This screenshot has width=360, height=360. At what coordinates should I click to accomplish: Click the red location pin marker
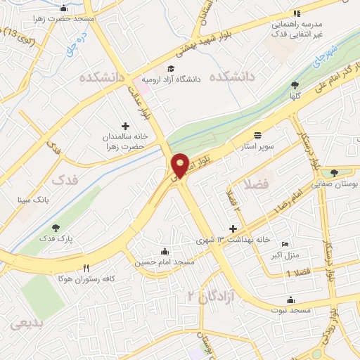pyautogui.click(x=180, y=165)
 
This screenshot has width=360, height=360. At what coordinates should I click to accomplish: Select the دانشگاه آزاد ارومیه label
pyautogui.click(x=172, y=79)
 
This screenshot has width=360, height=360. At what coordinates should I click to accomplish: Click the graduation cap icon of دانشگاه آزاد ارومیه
pyautogui.click(x=146, y=68)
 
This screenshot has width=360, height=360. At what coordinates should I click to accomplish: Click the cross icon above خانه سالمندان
pyautogui.click(x=126, y=124)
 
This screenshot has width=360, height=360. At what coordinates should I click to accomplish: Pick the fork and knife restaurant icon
pyautogui.click(x=86, y=268)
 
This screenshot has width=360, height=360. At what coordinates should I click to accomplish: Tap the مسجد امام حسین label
pyautogui.click(x=165, y=262)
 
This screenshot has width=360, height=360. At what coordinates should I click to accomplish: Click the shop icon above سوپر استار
pyautogui.click(x=258, y=135)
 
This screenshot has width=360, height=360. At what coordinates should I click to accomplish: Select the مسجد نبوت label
pyautogui.click(x=293, y=310)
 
